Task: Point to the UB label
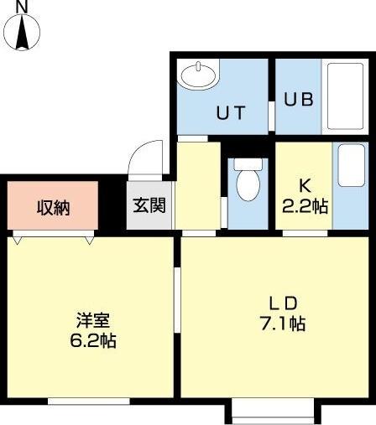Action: point(298,98)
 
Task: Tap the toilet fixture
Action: point(248,183)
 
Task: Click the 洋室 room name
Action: point(92,321)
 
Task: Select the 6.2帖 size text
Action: point(92,341)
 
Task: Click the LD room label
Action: point(279,303)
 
